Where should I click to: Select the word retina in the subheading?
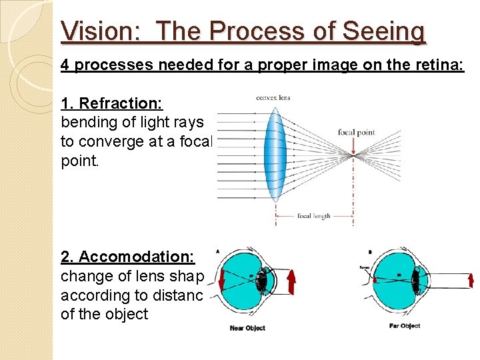pos(438,65)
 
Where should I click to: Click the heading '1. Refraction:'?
pos(112,103)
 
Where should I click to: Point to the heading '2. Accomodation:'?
pos(127,257)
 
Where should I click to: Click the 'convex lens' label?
pos(273,98)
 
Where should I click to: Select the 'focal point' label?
pos(356,132)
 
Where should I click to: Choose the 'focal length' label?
pos(313,216)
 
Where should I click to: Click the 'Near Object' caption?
pos(246,328)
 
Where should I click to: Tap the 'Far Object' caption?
pos(404,326)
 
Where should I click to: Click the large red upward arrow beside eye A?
pos(291,281)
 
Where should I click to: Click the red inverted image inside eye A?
pos(223,280)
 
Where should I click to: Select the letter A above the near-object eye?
pos(218,251)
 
